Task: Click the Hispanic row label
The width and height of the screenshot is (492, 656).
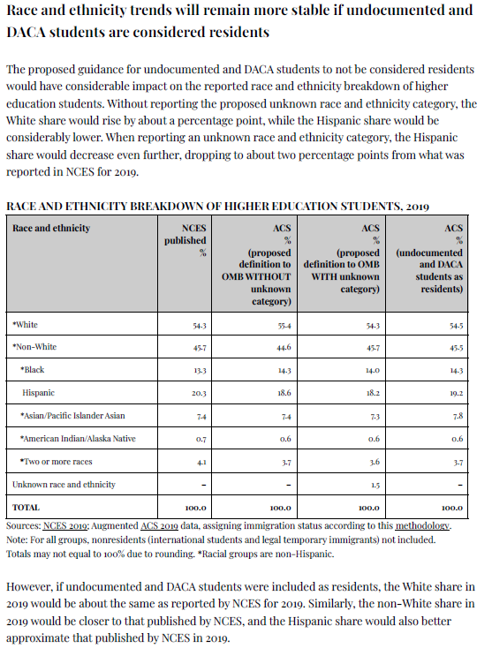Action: (x=39, y=393)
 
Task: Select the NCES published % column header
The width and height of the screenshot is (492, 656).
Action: (x=185, y=240)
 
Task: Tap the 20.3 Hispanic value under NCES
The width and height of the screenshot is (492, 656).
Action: (x=199, y=393)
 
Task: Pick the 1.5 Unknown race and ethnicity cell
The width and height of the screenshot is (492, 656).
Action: (x=375, y=486)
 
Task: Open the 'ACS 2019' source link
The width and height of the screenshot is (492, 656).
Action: (x=160, y=526)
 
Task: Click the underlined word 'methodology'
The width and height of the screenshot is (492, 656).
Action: (x=422, y=526)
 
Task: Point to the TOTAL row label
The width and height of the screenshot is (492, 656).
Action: (x=26, y=508)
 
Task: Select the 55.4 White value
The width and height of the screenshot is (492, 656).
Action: (x=284, y=326)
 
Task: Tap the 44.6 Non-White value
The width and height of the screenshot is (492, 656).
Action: (x=284, y=348)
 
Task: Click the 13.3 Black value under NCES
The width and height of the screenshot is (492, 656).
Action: (x=200, y=371)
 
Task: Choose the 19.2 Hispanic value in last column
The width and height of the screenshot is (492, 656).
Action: (x=456, y=393)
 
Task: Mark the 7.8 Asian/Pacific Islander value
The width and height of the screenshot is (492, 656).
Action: (x=458, y=416)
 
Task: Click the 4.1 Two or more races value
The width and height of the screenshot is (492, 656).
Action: (x=201, y=463)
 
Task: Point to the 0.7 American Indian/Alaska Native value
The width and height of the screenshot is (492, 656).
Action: (x=201, y=440)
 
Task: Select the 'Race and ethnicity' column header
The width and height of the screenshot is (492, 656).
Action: (x=51, y=228)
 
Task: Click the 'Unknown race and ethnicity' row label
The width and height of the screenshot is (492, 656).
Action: (x=64, y=485)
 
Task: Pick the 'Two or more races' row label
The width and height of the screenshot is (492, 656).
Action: (x=57, y=462)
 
